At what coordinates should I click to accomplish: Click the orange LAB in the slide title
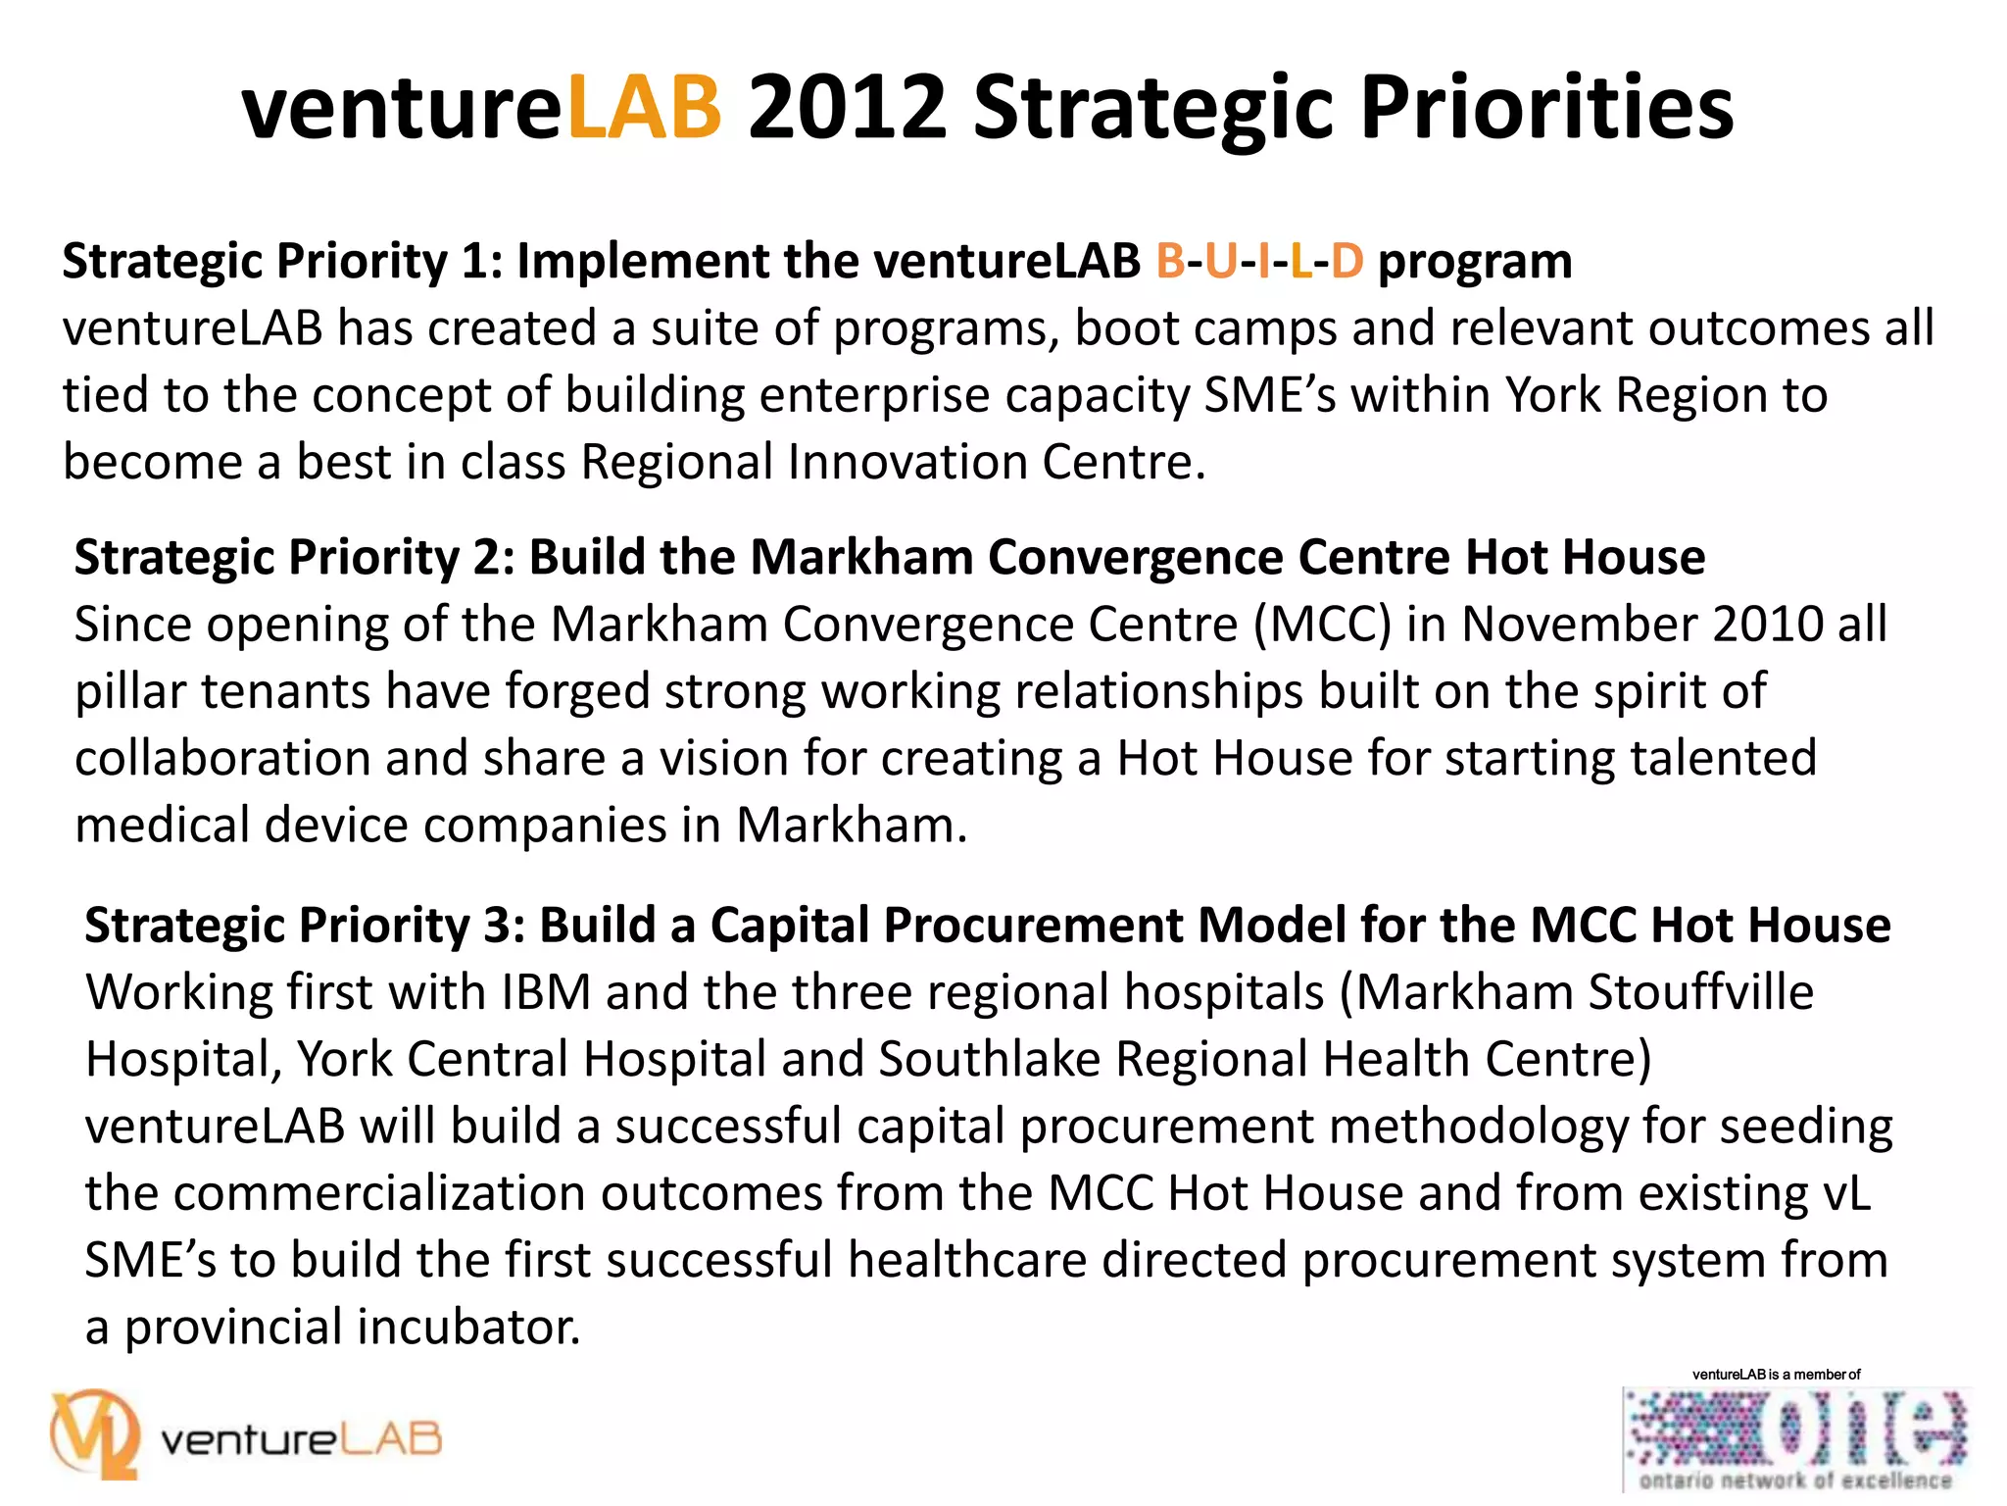pos(644,108)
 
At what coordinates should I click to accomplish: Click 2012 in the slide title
pos(848,108)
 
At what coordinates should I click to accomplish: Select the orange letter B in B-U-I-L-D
pos(1170,262)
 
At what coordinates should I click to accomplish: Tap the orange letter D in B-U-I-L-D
pos(1346,262)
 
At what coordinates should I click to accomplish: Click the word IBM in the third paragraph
pos(546,993)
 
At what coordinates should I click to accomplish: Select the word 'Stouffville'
pos(1700,993)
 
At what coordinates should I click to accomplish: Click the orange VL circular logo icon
pos(95,1434)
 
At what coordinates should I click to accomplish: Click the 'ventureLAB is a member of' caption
pos(1776,1375)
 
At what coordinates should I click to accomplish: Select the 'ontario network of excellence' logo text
pos(1795,1481)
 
